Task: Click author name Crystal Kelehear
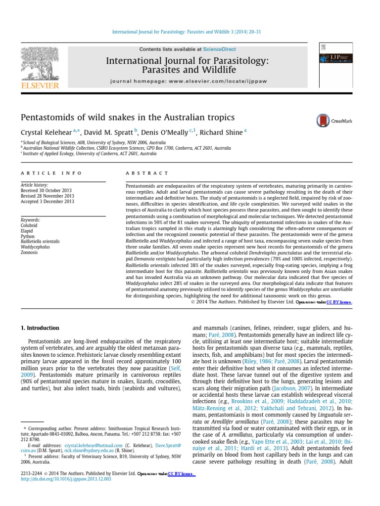tap(47, 132)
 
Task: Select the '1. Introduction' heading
tap(40, 328)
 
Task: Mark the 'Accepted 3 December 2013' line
tap(47, 201)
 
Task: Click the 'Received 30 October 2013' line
tap(47, 190)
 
